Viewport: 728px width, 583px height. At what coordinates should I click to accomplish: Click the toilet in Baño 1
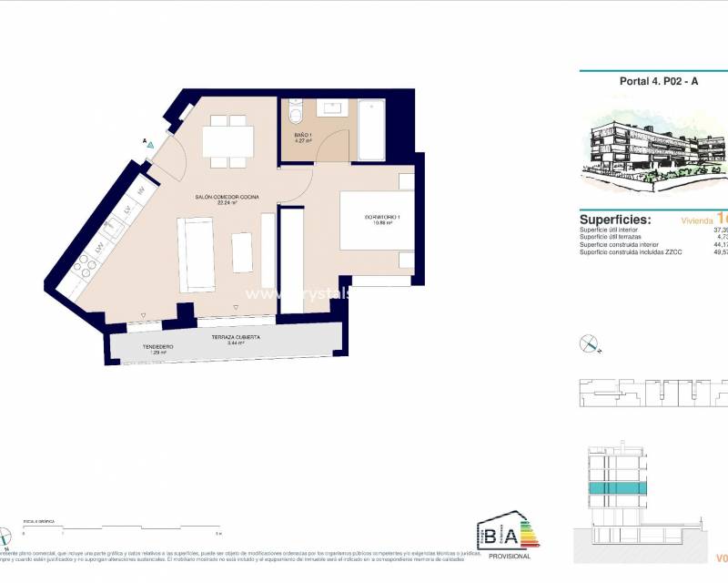point(295,116)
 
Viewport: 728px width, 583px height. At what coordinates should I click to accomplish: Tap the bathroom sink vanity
point(331,107)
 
